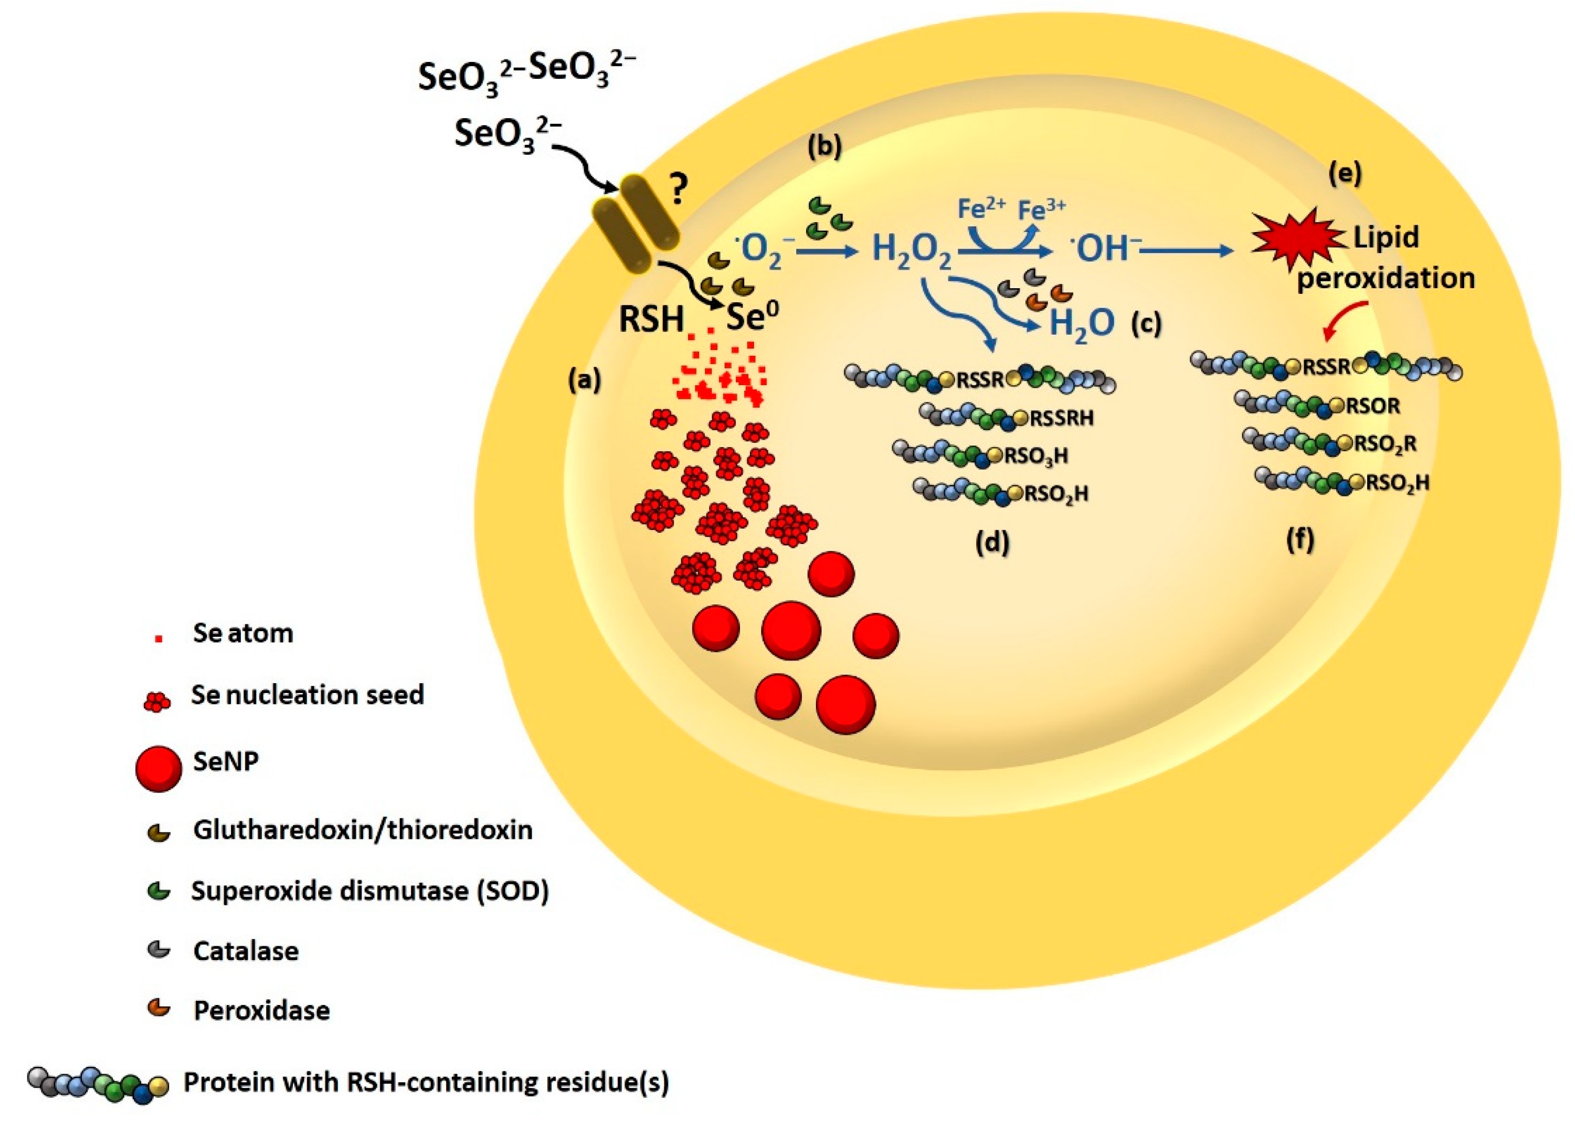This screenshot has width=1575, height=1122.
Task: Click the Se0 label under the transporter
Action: click(752, 319)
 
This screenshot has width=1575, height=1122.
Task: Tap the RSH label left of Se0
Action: click(650, 320)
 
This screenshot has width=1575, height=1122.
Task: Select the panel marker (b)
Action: click(825, 147)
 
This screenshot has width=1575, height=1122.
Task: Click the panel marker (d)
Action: click(992, 542)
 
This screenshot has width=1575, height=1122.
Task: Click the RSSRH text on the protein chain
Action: click(1061, 418)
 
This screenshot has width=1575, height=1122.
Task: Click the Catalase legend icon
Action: click(159, 951)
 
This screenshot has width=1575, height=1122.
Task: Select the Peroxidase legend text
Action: click(261, 1011)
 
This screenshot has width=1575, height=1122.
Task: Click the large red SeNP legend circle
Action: click(159, 768)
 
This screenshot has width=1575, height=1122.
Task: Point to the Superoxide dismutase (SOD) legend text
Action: click(370, 890)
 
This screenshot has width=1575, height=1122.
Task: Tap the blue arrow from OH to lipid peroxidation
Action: click(1185, 252)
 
